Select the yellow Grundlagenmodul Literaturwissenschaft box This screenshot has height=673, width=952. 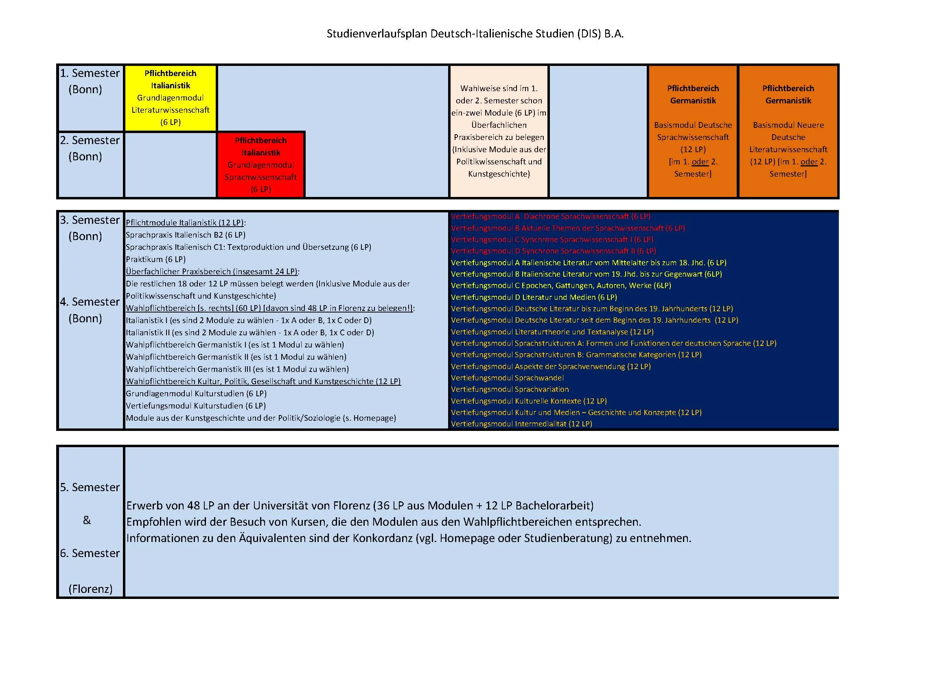pyautogui.click(x=171, y=98)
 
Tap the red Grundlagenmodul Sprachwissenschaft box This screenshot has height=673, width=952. pyautogui.click(x=261, y=165)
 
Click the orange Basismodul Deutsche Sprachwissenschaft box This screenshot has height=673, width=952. pyautogui.click(x=693, y=131)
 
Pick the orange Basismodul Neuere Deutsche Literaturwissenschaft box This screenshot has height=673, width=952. pyautogui.click(x=788, y=131)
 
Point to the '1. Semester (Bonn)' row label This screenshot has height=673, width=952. pyautogui.click(x=90, y=81)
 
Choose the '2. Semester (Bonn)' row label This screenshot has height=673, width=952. pyautogui.click(x=90, y=149)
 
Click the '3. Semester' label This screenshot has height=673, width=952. pyautogui.click(x=90, y=220)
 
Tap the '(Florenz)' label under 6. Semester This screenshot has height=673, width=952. pyautogui.click(x=90, y=589)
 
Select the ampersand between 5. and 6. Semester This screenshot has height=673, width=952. pyautogui.click(x=87, y=520)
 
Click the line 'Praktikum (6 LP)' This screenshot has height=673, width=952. pyautogui.click(x=155, y=260)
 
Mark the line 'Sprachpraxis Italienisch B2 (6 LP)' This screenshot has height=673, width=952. pyautogui.click(x=185, y=235)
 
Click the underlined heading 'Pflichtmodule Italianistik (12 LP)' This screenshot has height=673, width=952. pyautogui.click(x=185, y=223)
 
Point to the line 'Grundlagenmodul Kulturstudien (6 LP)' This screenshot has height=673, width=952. pyautogui.click(x=196, y=394)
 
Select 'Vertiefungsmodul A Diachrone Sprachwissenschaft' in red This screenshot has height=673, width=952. pyautogui.click(x=550, y=216)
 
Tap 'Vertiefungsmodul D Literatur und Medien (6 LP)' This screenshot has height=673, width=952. pyautogui.click(x=534, y=297)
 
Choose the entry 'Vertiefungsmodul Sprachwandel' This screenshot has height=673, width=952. pyautogui.click(x=507, y=378)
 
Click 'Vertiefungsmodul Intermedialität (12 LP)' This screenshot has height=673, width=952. pyautogui.click(x=521, y=424)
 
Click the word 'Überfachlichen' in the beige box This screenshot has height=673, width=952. pyautogui.click(x=499, y=125)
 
